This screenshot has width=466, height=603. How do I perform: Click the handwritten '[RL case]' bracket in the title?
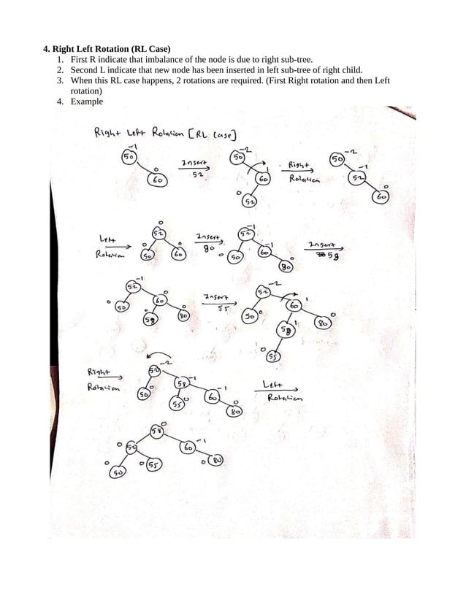coord(213,134)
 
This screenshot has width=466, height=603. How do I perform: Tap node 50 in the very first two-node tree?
coord(128,157)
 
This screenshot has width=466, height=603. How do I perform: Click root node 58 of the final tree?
coord(156,431)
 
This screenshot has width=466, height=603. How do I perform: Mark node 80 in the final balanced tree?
coord(218,460)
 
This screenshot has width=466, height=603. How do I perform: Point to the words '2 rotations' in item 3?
coord(224,80)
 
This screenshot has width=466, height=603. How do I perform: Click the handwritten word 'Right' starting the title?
coord(108,134)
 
